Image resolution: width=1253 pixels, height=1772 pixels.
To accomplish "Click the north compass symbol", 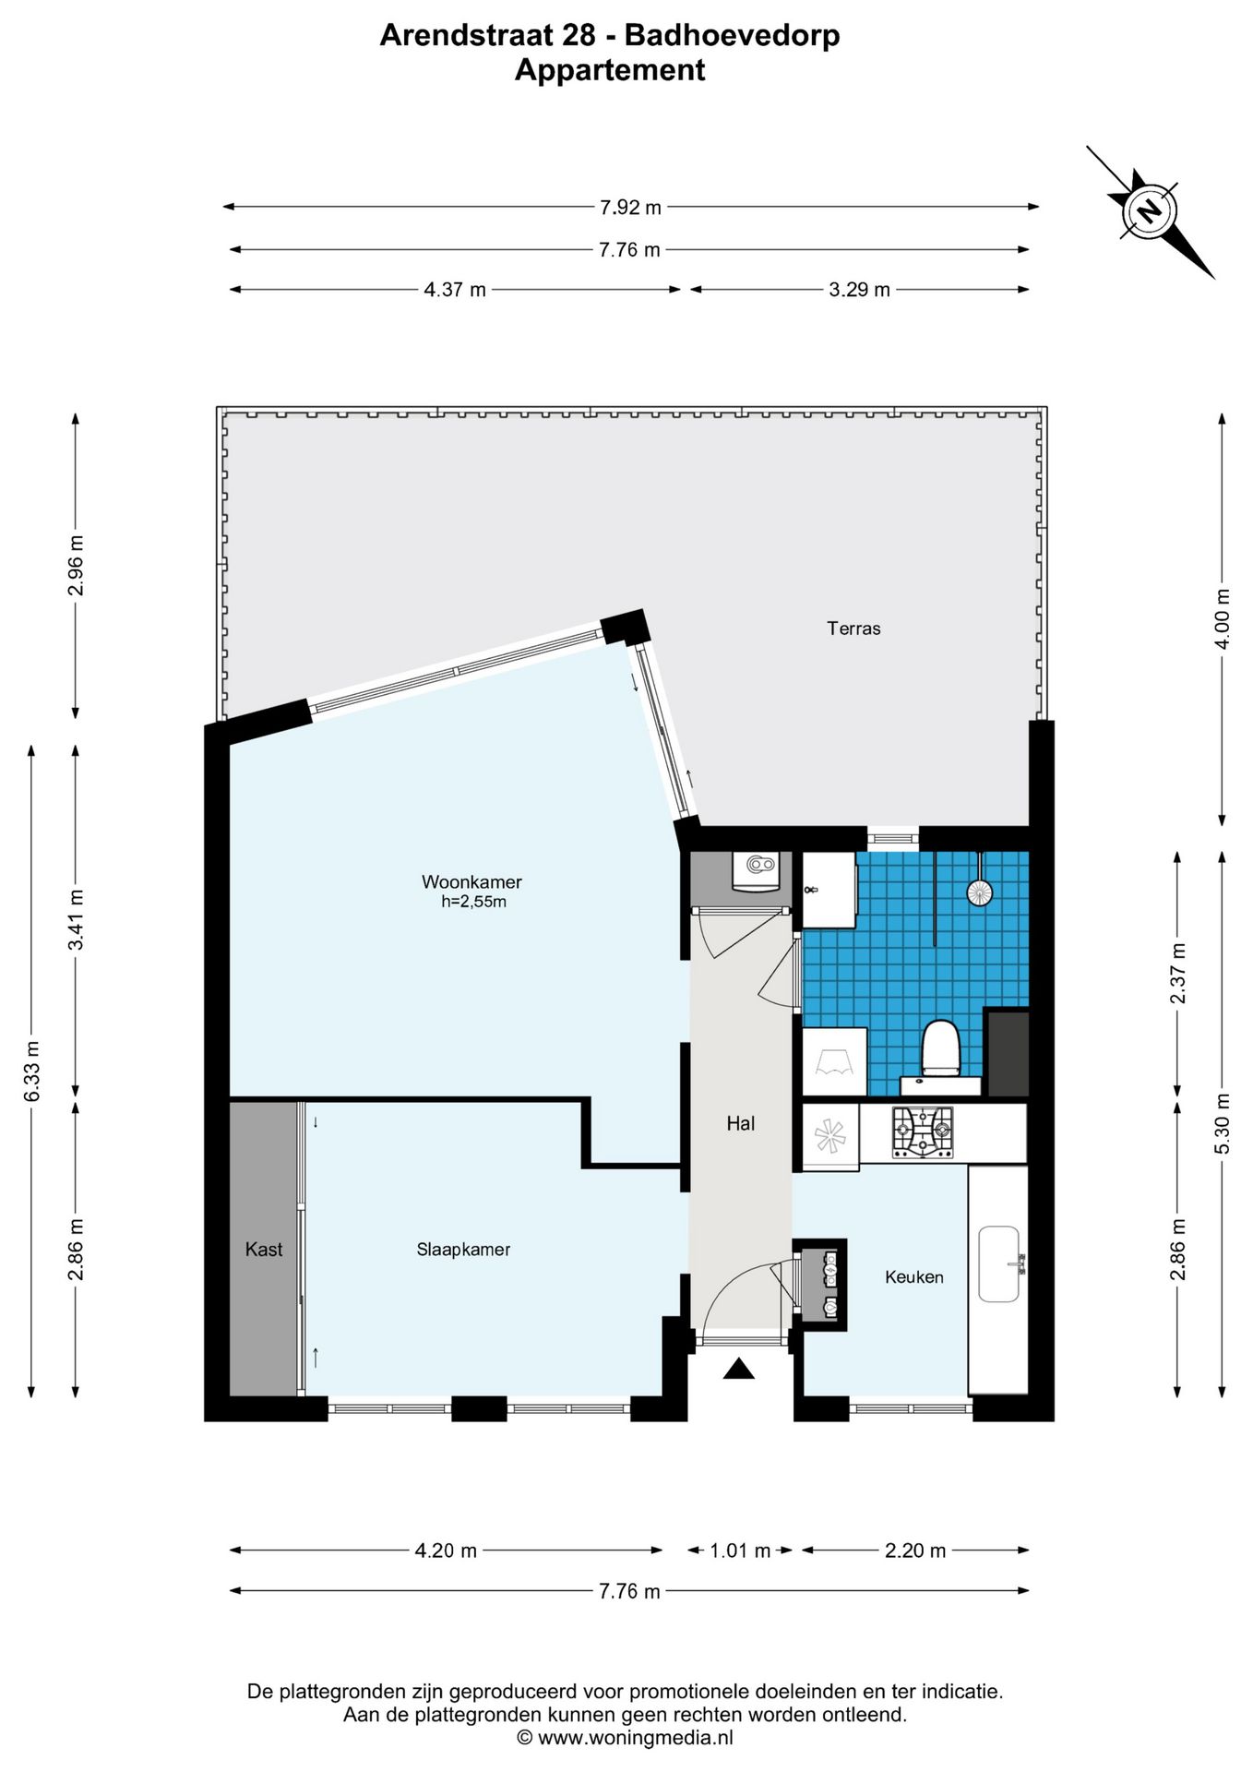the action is coord(1150,212).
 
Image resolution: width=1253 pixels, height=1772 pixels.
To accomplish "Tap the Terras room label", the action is coord(853,629).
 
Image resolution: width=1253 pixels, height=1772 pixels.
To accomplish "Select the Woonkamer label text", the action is coord(471,881).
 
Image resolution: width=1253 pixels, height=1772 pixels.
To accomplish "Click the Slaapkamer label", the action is coord(463,1250).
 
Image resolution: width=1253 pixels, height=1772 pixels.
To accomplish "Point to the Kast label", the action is coord(264,1250).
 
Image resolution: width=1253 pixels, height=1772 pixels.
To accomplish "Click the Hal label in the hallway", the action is coord(741,1123).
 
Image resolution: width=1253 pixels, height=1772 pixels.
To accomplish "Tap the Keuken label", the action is coord(914,1277).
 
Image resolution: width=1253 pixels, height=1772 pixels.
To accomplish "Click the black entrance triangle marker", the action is coord(739,1369).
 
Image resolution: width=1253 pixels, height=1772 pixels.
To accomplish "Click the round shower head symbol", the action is coord(979,892).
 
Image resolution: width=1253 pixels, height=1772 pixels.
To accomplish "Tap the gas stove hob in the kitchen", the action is coord(923,1132).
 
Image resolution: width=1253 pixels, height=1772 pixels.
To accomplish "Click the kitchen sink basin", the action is coord(998,1264).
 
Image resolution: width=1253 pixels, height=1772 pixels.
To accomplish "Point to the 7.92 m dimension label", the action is coord(630,208).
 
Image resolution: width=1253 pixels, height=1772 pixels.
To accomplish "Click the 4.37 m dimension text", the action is coord(455,290).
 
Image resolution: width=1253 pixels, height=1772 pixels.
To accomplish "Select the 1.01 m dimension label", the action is coord(740,1550).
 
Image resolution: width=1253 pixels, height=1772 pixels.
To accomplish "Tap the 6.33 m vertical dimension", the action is coord(32,1071).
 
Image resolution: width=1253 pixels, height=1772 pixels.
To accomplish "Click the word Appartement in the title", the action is coord(610,70).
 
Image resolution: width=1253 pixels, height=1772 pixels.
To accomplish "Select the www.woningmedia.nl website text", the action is coord(636,1737).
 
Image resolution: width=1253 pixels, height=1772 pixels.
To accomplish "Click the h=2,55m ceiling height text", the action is coord(473,902).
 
